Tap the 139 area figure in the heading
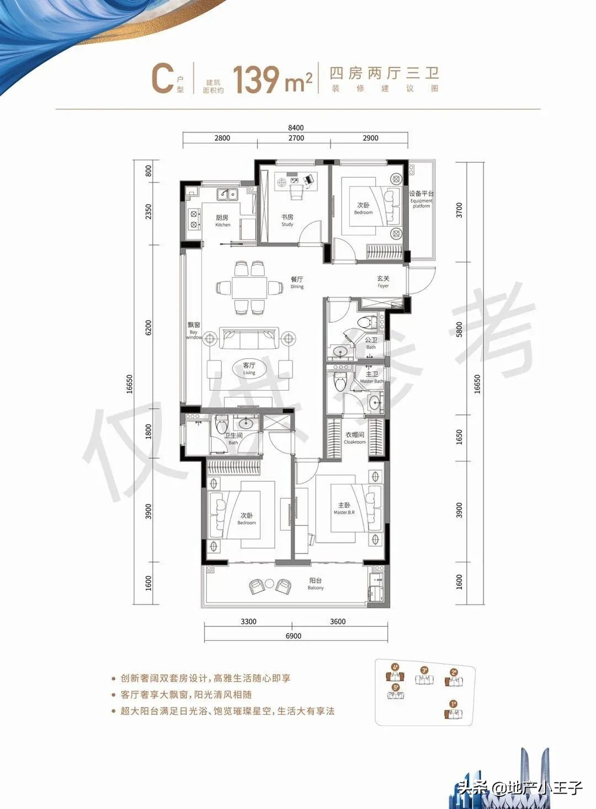pyautogui.click(x=256, y=80)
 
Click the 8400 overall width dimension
pyautogui.click(x=296, y=127)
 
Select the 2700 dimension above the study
pyautogui.click(x=296, y=138)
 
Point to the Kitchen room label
pyautogui.click(x=222, y=221)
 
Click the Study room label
pyautogui.click(x=287, y=220)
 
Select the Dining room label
pyautogui.click(x=297, y=283)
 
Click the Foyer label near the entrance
pyautogui.click(x=383, y=282)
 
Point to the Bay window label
pyautogui.click(x=193, y=331)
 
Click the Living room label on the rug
pyautogui.click(x=249, y=368)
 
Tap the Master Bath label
pyautogui.click(x=371, y=377)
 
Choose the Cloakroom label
pyautogui.click(x=354, y=438)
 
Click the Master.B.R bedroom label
pyautogui.click(x=344, y=508)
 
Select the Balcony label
pyautogui.click(x=316, y=584)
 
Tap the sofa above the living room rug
pyautogui.click(x=249, y=338)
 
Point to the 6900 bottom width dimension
pyautogui.click(x=294, y=636)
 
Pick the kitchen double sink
pyautogui.click(x=227, y=194)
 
